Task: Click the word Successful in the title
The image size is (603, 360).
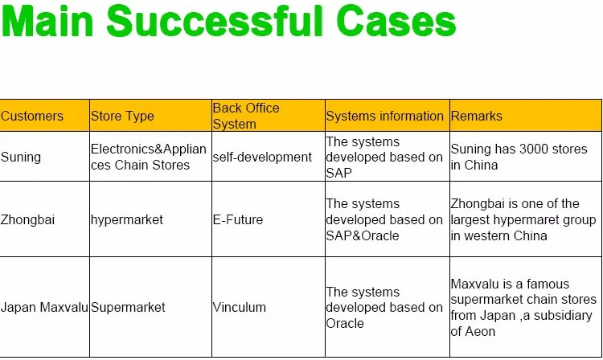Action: [x=214, y=21]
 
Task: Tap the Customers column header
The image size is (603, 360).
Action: [x=32, y=116]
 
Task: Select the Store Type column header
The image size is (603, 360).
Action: [x=122, y=116]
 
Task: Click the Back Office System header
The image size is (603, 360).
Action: [x=246, y=116]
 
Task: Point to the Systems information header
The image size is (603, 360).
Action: [x=384, y=116]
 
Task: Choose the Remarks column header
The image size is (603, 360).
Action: [x=477, y=116]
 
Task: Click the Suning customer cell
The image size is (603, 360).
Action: [x=21, y=157]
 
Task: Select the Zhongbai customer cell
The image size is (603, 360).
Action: [x=27, y=219]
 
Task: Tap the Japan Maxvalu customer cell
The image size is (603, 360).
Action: [x=44, y=307]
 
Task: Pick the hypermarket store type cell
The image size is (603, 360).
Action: [x=127, y=219]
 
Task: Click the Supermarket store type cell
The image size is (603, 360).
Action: [x=128, y=307]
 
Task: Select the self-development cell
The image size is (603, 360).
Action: [x=262, y=157]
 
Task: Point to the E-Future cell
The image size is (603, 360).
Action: [x=238, y=219]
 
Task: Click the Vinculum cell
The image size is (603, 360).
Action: [x=240, y=307]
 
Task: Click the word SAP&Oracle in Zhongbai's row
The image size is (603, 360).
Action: [x=363, y=235]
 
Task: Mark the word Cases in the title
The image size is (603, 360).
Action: [x=396, y=21]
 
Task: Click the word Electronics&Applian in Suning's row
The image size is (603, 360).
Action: [x=149, y=149]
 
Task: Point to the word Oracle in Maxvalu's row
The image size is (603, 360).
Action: [x=345, y=323]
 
